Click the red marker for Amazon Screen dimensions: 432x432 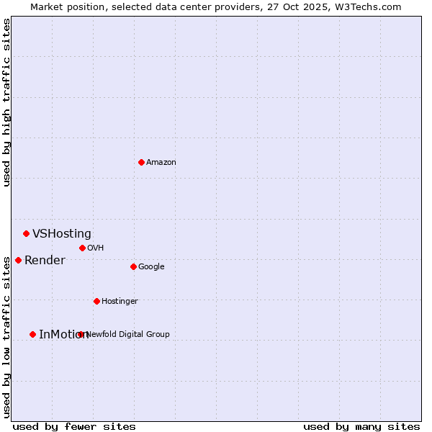click(x=141, y=162)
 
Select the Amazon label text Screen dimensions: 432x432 click(x=161, y=163)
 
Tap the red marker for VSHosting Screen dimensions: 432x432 click(x=26, y=233)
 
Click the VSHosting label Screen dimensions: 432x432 click(x=62, y=234)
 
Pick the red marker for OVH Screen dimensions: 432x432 click(x=82, y=248)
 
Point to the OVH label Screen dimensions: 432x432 click(x=96, y=248)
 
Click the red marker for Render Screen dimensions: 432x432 click(x=18, y=260)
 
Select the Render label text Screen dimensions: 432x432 click(x=45, y=261)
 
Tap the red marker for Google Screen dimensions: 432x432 click(x=133, y=266)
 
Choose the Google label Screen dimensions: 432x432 click(x=151, y=267)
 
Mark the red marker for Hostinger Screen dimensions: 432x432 click(x=96, y=301)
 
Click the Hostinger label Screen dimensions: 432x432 click(x=120, y=302)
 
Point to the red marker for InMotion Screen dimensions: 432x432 click(x=32, y=334)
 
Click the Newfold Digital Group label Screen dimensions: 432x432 click(x=128, y=335)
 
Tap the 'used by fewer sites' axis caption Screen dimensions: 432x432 click(x=74, y=426)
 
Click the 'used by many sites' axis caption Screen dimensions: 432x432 click(x=361, y=426)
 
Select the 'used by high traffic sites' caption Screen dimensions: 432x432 click(x=6, y=102)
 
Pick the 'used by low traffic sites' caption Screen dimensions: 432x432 click(x=6, y=336)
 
